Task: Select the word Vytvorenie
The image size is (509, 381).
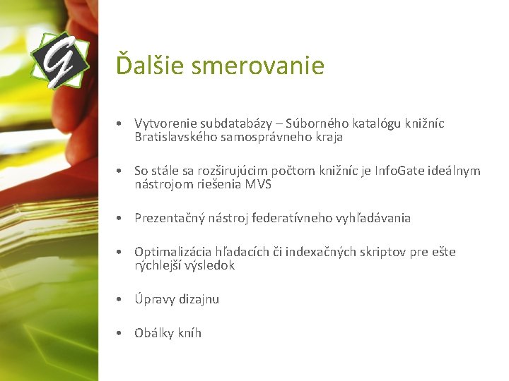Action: pyautogui.click(x=165, y=124)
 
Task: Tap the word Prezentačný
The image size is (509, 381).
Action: pyautogui.click(x=170, y=218)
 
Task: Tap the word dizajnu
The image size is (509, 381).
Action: pyautogui.click(x=198, y=299)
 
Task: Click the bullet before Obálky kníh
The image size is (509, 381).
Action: pyautogui.click(x=121, y=333)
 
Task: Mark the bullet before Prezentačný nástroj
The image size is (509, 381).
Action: pyautogui.click(x=121, y=218)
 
